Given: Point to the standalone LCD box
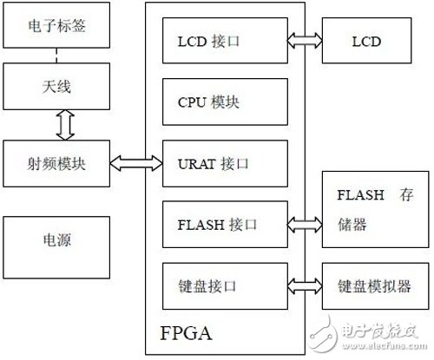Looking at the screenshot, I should pyautogui.click(x=367, y=41).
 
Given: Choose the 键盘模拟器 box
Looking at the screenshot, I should pyautogui.click(x=367, y=284).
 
